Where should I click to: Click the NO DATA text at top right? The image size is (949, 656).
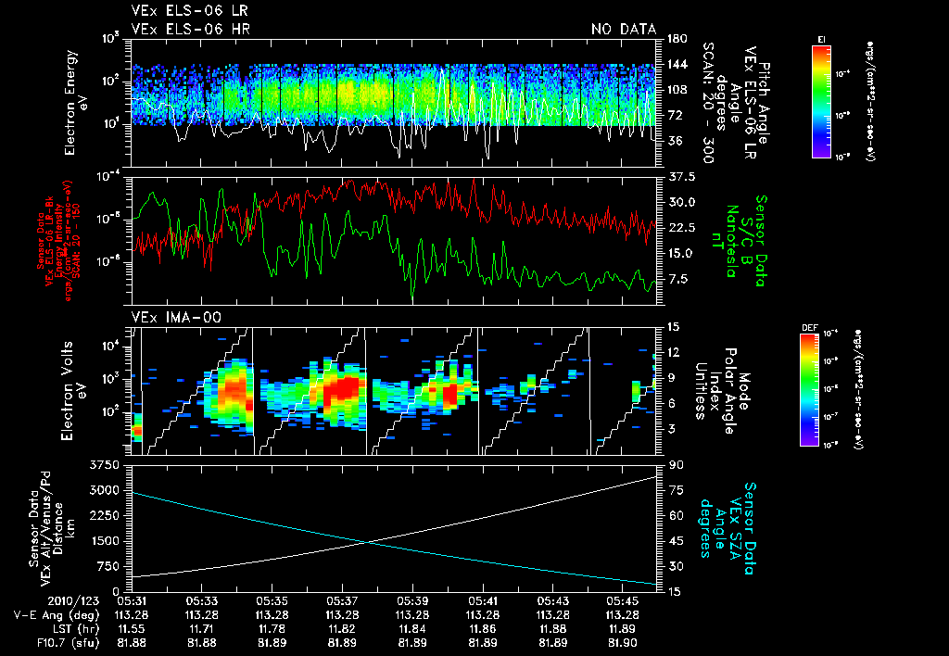pos(624,30)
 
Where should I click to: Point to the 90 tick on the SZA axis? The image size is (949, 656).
pos(677,464)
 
